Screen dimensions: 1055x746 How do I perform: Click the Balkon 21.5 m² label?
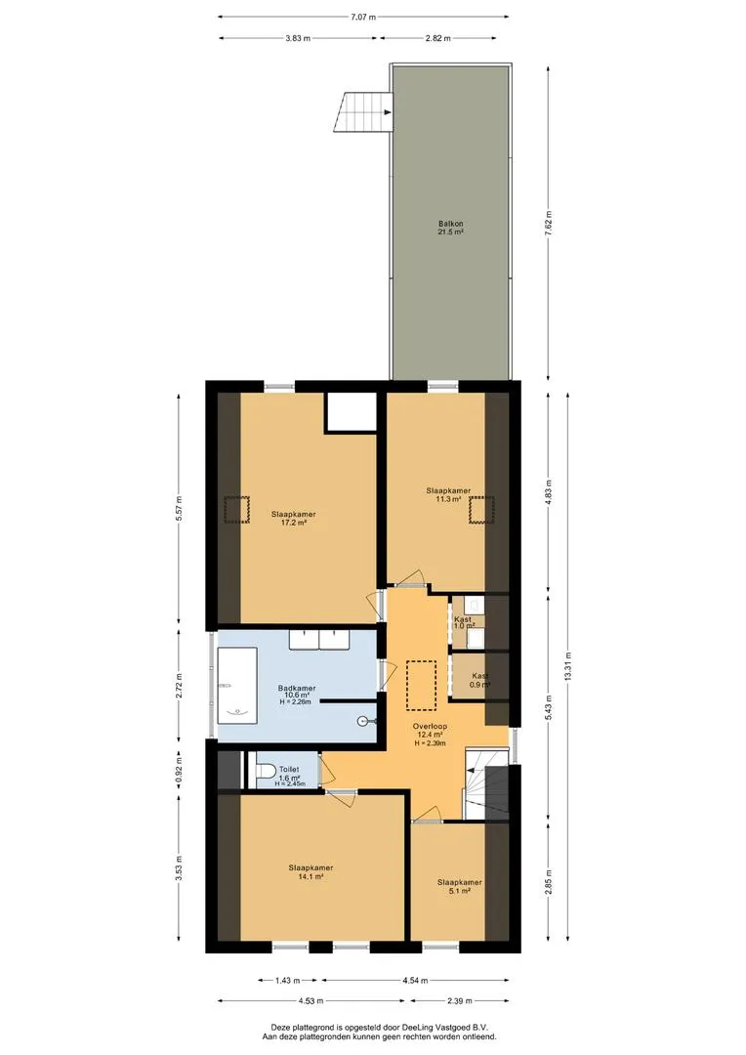(x=450, y=230)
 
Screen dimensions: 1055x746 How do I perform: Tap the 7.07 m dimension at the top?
(x=363, y=17)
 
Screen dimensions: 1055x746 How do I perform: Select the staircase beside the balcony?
(x=362, y=113)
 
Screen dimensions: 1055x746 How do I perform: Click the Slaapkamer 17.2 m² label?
(x=294, y=518)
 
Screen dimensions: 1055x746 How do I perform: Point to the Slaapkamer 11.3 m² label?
(x=448, y=494)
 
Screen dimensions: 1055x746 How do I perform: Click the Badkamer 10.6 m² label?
(x=295, y=692)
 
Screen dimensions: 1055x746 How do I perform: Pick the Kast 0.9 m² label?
(x=479, y=680)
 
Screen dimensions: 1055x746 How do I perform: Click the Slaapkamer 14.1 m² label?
(x=311, y=871)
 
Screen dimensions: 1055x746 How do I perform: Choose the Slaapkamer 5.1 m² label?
(x=459, y=886)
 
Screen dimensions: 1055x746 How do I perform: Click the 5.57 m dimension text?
(x=179, y=511)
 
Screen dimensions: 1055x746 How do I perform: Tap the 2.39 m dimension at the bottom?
(x=459, y=1000)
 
